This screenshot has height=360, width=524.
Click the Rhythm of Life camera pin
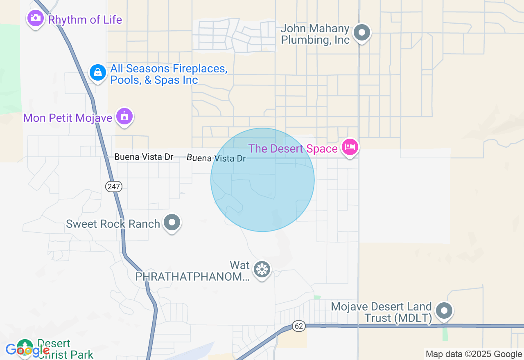[x=36, y=18]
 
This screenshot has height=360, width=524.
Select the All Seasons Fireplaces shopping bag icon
[x=97, y=73]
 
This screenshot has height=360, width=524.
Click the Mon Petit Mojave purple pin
[x=124, y=117]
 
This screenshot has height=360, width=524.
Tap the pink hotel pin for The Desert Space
[x=350, y=147]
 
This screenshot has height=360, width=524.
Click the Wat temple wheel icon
[x=262, y=270]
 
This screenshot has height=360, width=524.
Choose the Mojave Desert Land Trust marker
[x=444, y=310]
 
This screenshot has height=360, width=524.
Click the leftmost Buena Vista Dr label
[x=144, y=157]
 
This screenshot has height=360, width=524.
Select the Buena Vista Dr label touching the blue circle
[x=217, y=158]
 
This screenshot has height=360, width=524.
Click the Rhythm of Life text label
[x=85, y=20]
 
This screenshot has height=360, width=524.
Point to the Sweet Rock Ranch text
[x=113, y=224]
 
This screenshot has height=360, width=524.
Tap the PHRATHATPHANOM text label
[x=192, y=277]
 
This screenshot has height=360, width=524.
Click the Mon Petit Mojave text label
[x=68, y=118]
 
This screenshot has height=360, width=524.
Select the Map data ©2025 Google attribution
[x=474, y=354]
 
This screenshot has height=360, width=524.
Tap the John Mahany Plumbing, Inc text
[x=315, y=34]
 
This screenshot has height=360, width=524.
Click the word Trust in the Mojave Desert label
[x=378, y=318]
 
